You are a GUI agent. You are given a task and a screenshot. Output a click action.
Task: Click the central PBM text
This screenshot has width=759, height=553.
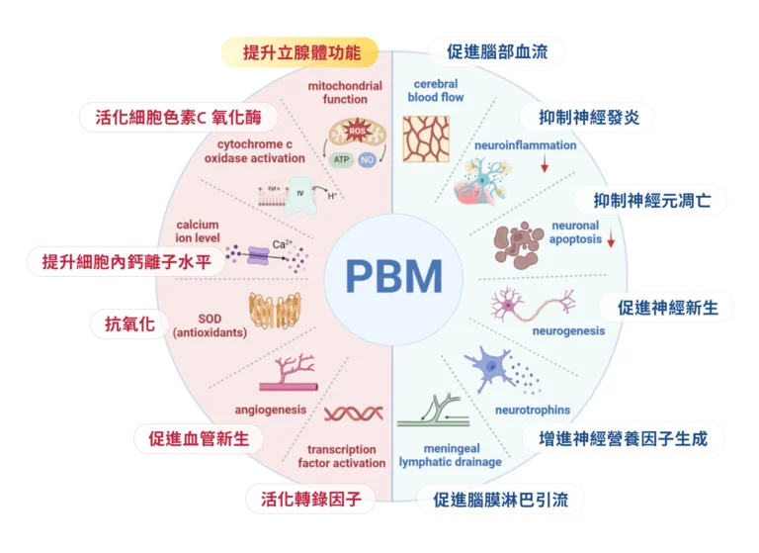click(393, 276)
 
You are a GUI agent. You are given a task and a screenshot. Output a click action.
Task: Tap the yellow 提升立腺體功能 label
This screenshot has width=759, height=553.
click(297, 50)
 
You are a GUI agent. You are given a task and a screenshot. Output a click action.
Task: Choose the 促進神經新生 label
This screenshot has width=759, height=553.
click(675, 307)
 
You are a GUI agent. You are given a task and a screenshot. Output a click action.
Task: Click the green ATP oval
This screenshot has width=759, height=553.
click(341, 159)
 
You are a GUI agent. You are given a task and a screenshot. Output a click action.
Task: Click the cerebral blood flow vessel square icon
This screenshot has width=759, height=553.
click(425, 138)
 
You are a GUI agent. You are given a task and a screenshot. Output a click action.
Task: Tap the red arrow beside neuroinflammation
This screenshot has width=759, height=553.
click(545, 163)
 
